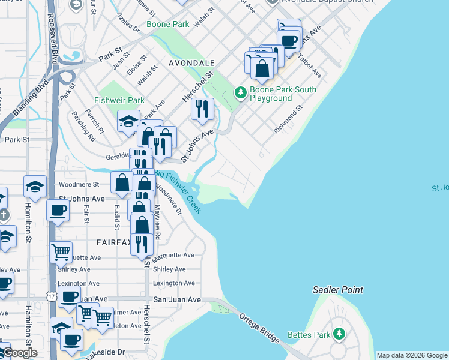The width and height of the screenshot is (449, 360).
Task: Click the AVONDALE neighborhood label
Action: [191, 63]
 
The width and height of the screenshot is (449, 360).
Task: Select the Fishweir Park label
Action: [119, 100]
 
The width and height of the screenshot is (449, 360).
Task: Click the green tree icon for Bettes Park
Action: [340, 333]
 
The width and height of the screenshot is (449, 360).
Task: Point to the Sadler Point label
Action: [338, 290]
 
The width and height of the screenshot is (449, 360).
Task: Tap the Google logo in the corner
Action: [19, 353]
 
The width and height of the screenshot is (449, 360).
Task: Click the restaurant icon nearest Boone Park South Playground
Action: [203, 109]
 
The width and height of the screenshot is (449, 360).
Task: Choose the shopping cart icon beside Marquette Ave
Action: [61, 251]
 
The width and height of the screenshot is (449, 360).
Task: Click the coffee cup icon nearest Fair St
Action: [58, 210]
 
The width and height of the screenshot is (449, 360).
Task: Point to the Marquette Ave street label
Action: [173, 256]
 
